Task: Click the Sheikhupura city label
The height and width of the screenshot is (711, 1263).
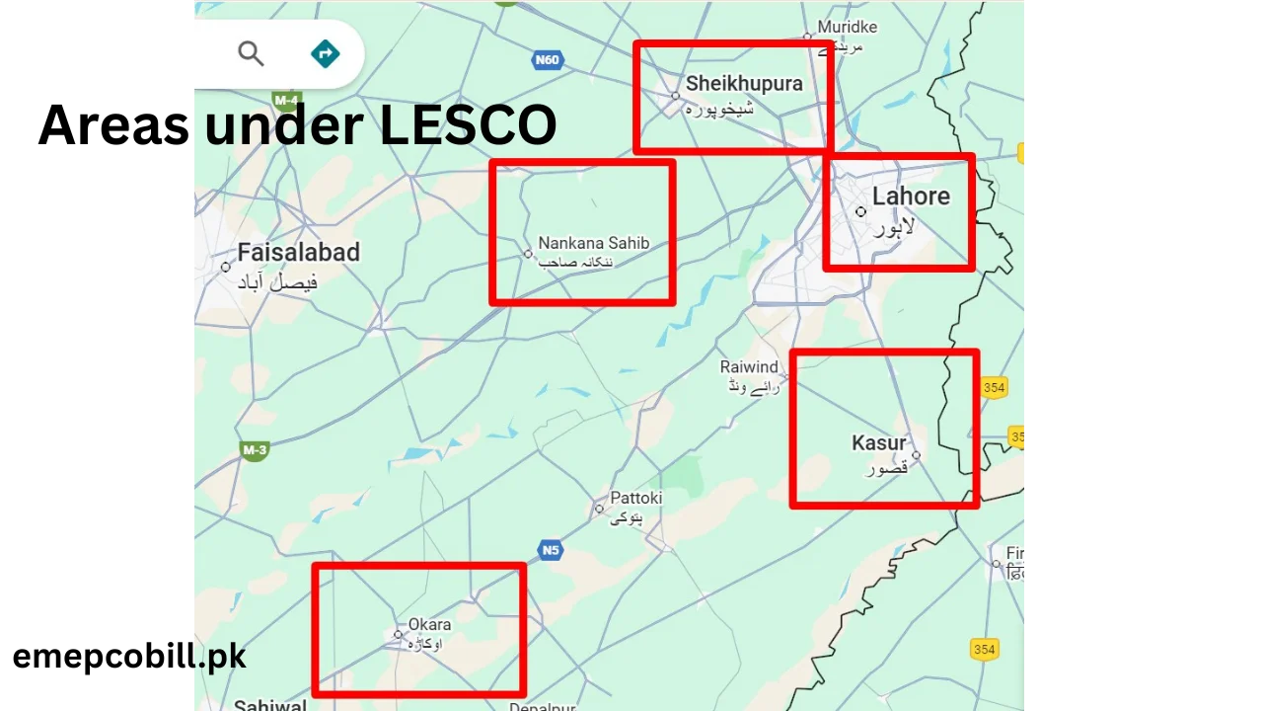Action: [x=744, y=84]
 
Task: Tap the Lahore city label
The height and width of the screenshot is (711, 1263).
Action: [x=910, y=197]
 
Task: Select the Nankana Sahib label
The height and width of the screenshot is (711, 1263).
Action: [x=593, y=243]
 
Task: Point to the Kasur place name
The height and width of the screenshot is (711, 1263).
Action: [x=878, y=443]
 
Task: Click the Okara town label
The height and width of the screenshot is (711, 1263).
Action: [x=429, y=624]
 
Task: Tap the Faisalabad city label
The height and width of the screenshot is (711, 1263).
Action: [x=298, y=253]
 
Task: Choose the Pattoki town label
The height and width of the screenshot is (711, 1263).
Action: [x=635, y=498]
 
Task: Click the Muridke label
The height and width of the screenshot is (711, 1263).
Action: [x=847, y=28]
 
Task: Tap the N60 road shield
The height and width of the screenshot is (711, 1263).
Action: [x=547, y=60]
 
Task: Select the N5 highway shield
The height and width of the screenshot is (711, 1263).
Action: [x=551, y=550]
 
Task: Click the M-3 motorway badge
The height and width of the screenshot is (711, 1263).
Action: [x=255, y=451]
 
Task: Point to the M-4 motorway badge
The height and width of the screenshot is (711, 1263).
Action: [x=286, y=101]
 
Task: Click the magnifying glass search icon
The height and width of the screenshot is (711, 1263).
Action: [x=251, y=53]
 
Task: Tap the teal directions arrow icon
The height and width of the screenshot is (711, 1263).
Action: [x=325, y=53]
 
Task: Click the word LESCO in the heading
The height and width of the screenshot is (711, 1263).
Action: [x=468, y=126]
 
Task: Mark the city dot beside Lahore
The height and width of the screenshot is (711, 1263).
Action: [x=860, y=211]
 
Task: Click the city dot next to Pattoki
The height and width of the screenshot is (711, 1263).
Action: [x=599, y=510]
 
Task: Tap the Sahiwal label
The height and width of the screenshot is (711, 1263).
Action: [x=269, y=705]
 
